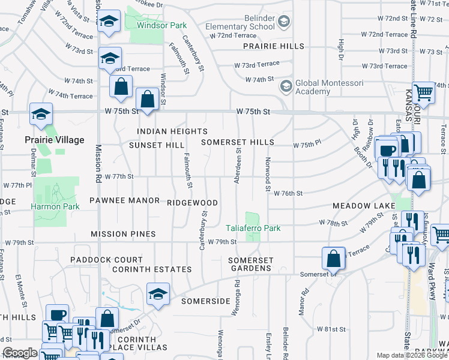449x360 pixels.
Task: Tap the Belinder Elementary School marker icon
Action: tap(285, 22)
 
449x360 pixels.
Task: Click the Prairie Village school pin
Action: tap(41, 114)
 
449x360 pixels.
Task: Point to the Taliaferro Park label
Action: tap(253, 228)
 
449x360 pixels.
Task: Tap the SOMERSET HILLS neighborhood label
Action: tap(237, 143)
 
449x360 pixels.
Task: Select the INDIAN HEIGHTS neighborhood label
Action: tap(172, 131)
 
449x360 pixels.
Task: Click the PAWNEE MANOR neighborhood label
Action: tap(124, 200)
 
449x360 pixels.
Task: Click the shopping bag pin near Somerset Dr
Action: tap(333, 258)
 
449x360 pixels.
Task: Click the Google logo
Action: tap(20, 353)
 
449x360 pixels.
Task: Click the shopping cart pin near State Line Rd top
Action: tap(424, 92)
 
